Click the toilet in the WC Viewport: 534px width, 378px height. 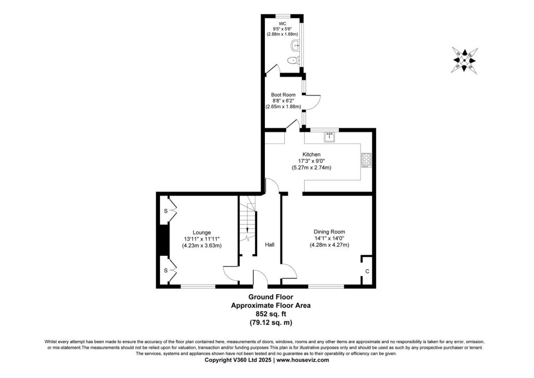[293, 61]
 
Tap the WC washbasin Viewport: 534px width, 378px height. [296, 45]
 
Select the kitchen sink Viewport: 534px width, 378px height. [330, 137]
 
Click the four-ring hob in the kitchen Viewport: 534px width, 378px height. [367, 160]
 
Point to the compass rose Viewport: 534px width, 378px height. [465, 61]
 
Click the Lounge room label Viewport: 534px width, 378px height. [202, 232]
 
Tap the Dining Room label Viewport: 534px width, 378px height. [330, 232]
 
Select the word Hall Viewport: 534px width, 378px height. [270, 244]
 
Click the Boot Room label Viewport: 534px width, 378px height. [283, 95]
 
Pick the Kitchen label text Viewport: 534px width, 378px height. [311, 155]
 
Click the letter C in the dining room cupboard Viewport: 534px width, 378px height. [367, 271]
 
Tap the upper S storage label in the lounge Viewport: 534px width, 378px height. [166, 211]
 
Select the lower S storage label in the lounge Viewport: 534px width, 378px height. [166, 270]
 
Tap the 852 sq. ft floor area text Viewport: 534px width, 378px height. [271, 314]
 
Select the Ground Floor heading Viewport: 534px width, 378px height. [271, 297]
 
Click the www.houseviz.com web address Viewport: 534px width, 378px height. [303, 360]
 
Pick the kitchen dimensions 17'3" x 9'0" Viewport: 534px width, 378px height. [311, 161]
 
